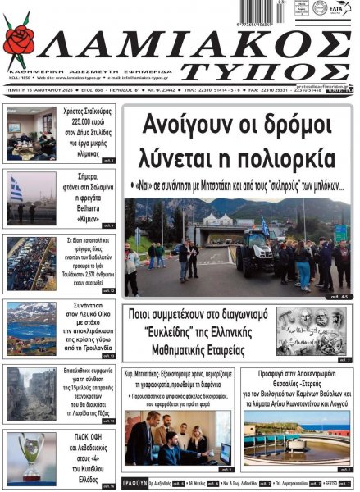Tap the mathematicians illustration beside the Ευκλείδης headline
tap(312, 330)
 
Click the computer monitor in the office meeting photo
tap(223, 450)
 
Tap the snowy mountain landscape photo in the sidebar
tap(30, 323)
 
